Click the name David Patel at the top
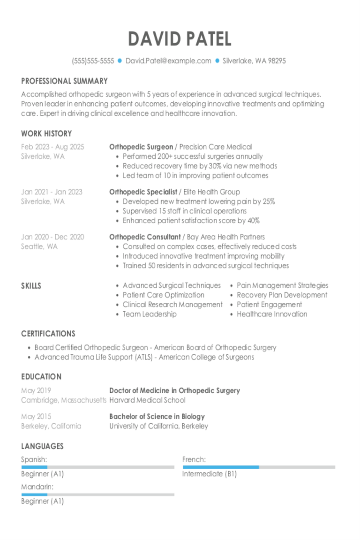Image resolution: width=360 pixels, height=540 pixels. click(x=180, y=39)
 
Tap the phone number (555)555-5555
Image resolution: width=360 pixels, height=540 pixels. click(x=93, y=61)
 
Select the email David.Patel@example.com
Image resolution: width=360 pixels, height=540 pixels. click(x=168, y=61)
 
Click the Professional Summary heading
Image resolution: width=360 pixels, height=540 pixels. click(x=64, y=81)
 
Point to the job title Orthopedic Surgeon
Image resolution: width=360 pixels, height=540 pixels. click(x=141, y=147)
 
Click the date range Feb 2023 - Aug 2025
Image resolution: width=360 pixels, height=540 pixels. click(x=52, y=147)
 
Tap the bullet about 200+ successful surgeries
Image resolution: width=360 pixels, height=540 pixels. click(x=193, y=157)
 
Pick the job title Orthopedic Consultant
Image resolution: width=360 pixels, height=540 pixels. click(x=145, y=237)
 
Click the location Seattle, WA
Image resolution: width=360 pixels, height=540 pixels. click(x=39, y=247)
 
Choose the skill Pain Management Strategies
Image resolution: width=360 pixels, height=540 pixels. click(x=282, y=285)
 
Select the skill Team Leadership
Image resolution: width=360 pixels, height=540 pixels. click(x=150, y=314)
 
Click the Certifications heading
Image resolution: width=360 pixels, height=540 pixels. click(x=48, y=334)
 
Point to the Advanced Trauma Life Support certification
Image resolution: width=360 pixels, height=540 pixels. click(x=144, y=357)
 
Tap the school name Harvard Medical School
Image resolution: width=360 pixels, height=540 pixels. click(x=147, y=400)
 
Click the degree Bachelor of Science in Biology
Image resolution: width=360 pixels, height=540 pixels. click(x=157, y=416)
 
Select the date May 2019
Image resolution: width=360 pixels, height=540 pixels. click(x=36, y=390)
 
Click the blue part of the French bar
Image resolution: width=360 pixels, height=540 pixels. click(x=220, y=467)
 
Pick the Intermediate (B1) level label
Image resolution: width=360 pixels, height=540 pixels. click(x=210, y=474)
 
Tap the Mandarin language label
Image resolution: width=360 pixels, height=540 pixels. click(x=37, y=487)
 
